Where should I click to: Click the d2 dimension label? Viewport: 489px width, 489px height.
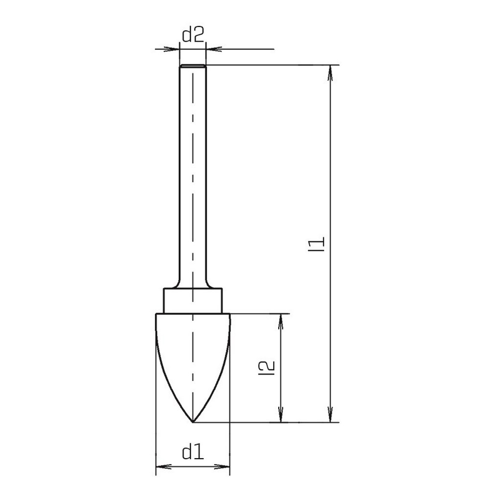tap(193, 35)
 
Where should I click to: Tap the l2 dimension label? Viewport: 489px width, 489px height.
tap(267, 368)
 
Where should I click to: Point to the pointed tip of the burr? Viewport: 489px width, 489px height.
tap(193, 422)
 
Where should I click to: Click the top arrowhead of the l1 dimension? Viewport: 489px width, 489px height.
tap(331, 73)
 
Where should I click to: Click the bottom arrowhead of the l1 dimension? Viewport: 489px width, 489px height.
tap(331, 415)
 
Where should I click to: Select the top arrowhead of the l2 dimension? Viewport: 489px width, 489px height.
tap(281, 322)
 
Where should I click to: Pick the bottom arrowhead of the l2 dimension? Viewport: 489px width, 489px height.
tap(281, 415)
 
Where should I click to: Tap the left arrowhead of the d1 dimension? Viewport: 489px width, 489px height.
tap(163, 467)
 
